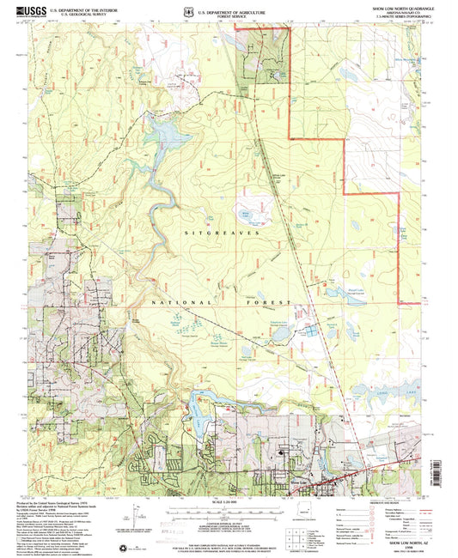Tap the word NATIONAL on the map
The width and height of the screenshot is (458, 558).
[x=168, y=303]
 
